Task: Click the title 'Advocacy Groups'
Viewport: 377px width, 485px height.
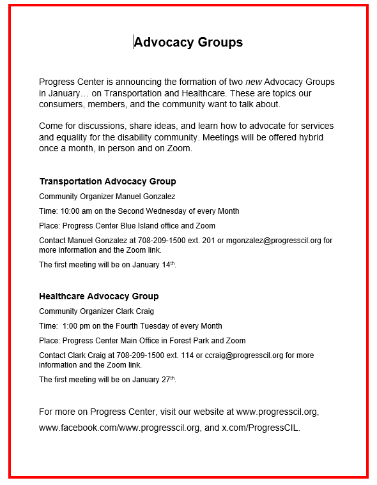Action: pyautogui.click(x=188, y=43)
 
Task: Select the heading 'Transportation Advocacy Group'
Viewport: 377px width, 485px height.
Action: pyautogui.click(x=107, y=182)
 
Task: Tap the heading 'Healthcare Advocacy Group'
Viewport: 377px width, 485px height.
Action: pyautogui.click(x=98, y=297)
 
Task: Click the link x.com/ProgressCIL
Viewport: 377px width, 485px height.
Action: pyautogui.click(x=260, y=428)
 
